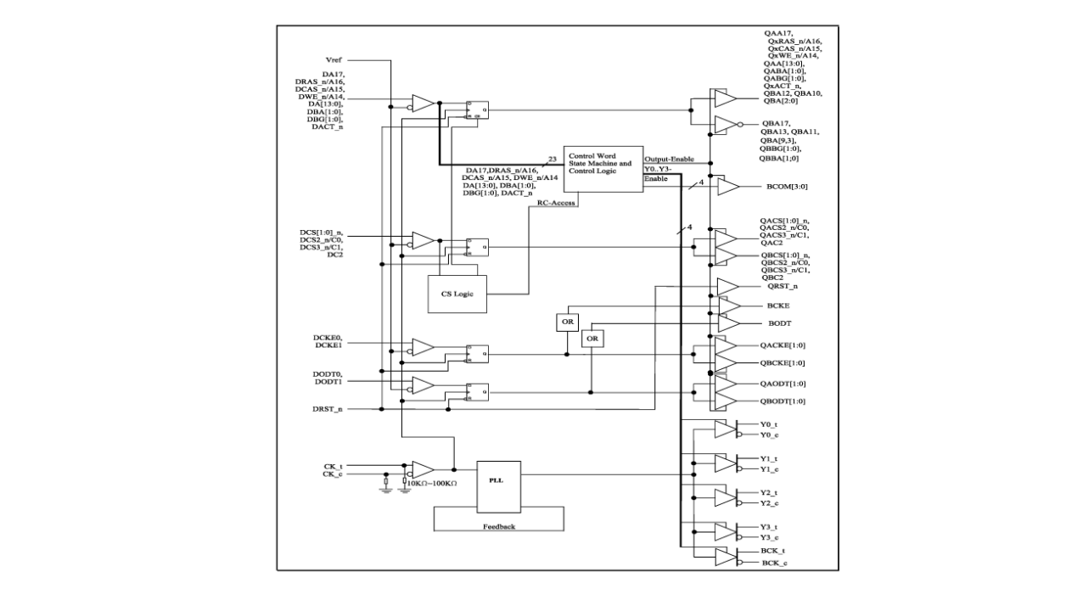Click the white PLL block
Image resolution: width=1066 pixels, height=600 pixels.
[x=498, y=487]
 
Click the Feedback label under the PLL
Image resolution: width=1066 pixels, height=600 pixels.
[x=499, y=527]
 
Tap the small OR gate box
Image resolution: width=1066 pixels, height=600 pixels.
[x=592, y=338]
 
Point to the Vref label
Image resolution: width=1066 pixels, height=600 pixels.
[x=334, y=60]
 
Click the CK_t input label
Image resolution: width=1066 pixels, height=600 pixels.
[x=333, y=466]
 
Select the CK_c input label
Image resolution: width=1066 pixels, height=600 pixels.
[x=333, y=474]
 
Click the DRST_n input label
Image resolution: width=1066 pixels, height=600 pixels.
[x=328, y=410]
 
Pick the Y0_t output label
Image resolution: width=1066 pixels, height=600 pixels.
[x=768, y=423]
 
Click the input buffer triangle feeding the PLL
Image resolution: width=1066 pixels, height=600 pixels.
[x=423, y=469]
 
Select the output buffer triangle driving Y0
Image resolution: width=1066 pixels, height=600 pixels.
[x=723, y=429]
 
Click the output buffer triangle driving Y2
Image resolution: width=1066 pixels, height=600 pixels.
[x=723, y=498]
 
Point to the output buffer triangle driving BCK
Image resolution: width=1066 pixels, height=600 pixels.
[x=723, y=557]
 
